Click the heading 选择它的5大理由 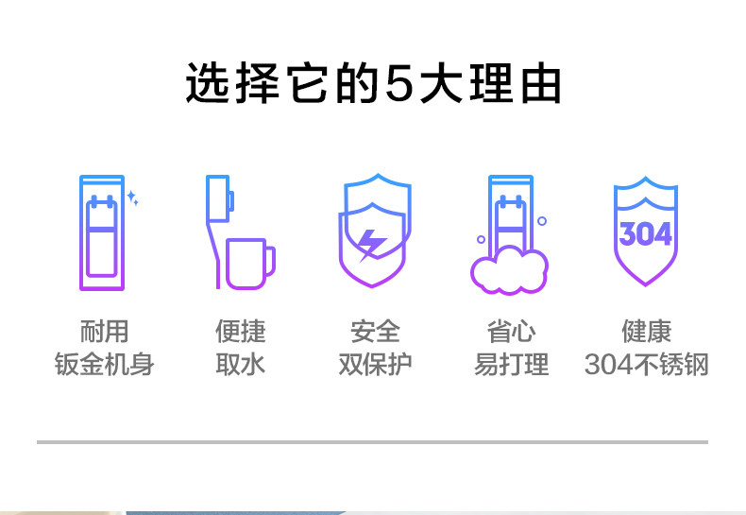pos(373,84)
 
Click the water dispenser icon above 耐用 pos(102,232)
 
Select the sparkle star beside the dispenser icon pos(133,199)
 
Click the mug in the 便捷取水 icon pos(249,262)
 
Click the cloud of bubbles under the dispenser pos(509,268)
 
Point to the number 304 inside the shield pos(646,233)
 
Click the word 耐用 pos(104,332)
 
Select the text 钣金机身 pos(104,364)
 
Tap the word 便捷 pos(241,332)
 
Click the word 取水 pos(241,364)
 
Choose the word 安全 pos(375,332)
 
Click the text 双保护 pos(375,364)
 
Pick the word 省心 pos(511,332)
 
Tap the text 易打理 pos(511,364)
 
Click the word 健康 pos(647,332)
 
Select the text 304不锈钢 pos(647,364)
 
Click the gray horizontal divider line pos(372,441)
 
